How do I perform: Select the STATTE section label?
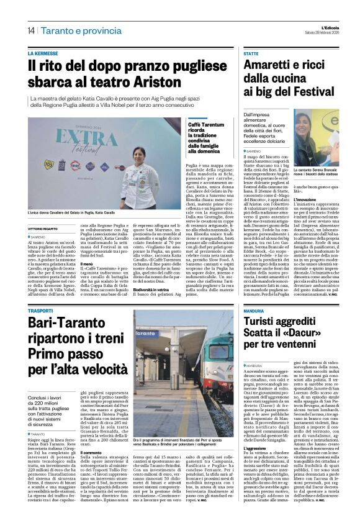pos(251,54)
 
